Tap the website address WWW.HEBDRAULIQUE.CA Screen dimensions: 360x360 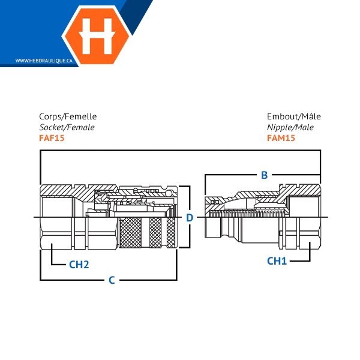44,61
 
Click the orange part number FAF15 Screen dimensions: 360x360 52,138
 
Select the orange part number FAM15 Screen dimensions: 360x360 281,138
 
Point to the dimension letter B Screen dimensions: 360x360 264,175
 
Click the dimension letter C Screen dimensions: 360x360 112,280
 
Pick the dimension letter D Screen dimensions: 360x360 190,218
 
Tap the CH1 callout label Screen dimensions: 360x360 277,261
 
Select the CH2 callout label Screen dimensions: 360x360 79,265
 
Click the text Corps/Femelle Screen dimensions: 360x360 68,116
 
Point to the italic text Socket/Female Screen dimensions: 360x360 67,127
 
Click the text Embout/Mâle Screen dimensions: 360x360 294,116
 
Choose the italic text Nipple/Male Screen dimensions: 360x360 290,127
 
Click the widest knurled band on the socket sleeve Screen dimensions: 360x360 130,232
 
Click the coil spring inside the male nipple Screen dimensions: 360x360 247,214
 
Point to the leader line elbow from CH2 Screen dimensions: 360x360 52,265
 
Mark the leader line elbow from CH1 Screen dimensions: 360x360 310,261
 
